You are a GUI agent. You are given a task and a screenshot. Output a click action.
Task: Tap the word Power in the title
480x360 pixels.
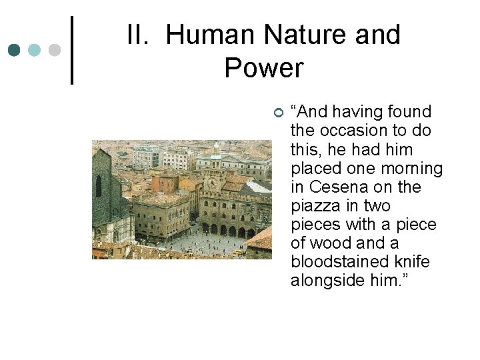(x=264, y=68)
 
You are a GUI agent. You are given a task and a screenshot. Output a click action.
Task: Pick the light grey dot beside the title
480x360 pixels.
(x=55, y=50)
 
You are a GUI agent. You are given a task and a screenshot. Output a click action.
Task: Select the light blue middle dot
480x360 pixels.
(x=35, y=50)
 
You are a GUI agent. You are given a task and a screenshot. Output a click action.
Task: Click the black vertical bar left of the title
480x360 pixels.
(x=71, y=50)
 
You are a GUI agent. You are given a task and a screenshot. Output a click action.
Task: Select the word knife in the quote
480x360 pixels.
(x=412, y=262)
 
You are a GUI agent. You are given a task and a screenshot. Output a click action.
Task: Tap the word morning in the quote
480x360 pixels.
(x=413, y=169)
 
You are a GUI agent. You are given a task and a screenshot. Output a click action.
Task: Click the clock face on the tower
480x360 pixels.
(x=212, y=182)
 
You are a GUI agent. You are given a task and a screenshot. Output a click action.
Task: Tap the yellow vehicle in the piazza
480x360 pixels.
(x=238, y=252)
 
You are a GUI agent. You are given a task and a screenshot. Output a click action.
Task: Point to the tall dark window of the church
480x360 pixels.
(x=99, y=186)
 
